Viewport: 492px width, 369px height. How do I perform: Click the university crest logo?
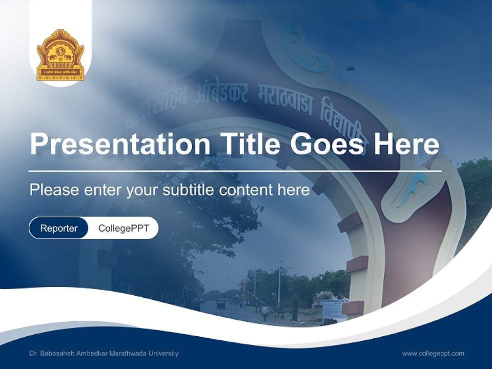coord(60,55)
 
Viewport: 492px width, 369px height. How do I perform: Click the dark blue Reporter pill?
coord(58,228)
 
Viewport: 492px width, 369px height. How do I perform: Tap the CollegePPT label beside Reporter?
coord(124,228)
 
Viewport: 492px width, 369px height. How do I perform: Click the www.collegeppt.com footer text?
coord(433,354)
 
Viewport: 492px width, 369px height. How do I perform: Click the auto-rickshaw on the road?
coord(221,303)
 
